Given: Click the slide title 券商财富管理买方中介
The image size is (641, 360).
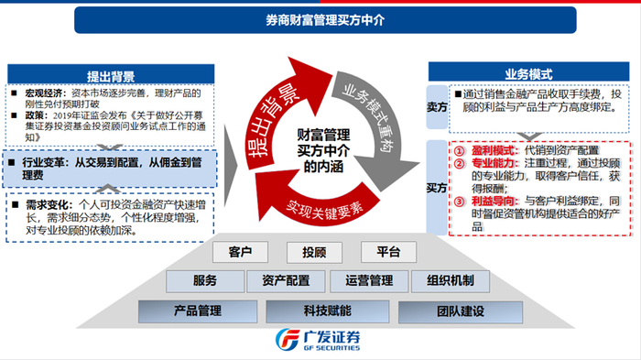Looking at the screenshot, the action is coord(320,19).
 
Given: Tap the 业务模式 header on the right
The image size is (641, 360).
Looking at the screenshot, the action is coord(532,74).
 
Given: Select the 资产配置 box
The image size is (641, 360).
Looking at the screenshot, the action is coord(285,279).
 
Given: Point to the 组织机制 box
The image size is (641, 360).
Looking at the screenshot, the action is coord(443,279).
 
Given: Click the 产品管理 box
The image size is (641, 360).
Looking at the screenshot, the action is coord(198,310).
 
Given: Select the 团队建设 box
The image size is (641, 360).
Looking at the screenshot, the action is coord(447,310).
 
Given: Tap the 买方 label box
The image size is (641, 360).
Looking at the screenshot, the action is coord(438,187).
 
